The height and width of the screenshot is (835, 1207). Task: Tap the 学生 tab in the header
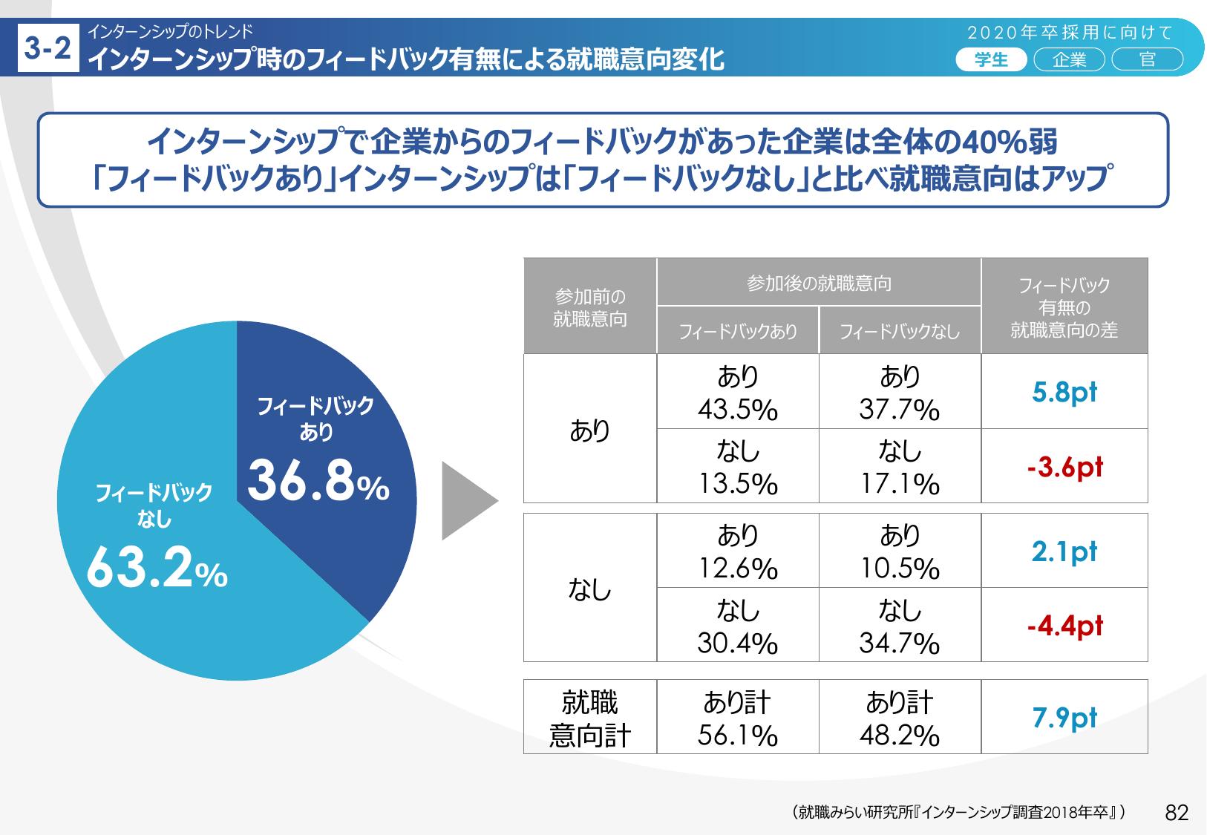coord(991,60)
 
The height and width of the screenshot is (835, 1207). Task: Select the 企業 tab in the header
coord(1069,60)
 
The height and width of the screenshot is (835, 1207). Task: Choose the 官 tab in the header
coord(1147,60)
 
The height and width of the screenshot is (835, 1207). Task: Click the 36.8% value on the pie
coord(318,481)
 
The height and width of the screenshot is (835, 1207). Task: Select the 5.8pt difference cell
coord(1064,391)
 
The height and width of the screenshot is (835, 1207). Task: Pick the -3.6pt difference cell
coord(1064,466)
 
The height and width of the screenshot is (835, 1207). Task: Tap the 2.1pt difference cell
coord(1064,551)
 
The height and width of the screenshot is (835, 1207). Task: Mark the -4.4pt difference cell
coord(1064,625)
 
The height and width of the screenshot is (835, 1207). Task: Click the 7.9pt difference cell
coord(1064,717)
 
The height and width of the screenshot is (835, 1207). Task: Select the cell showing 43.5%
coord(737,392)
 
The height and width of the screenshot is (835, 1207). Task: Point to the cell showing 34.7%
coord(899,626)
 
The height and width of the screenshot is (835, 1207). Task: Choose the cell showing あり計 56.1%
coord(737,718)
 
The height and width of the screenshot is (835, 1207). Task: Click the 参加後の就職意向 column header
coord(818,283)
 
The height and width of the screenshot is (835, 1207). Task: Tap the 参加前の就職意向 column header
coord(590,307)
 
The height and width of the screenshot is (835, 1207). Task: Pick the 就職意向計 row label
coord(590,718)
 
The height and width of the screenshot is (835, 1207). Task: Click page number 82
coord(1177,813)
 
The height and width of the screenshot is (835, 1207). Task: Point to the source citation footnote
coord(958,813)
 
